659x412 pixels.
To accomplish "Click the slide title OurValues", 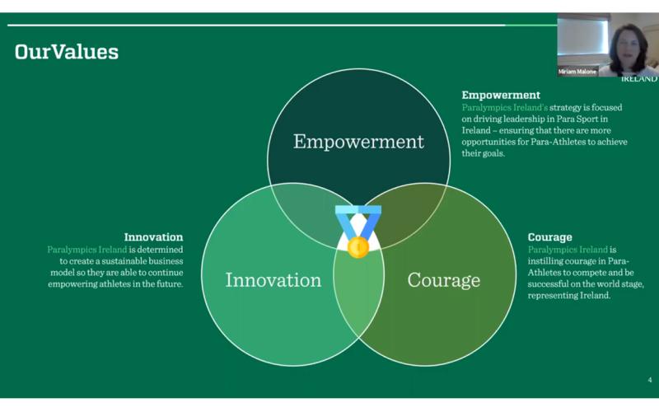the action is click(67, 52).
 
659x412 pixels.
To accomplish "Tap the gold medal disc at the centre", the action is click(358, 246).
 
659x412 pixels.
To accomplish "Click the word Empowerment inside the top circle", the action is click(358, 142).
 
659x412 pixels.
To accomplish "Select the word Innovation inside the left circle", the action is click(273, 280).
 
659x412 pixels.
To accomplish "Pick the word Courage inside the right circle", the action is click(443, 281).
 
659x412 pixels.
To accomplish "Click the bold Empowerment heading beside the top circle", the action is click(501, 95).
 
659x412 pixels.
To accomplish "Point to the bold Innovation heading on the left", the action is click(153, 237).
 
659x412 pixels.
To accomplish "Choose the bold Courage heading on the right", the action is click(549, 237).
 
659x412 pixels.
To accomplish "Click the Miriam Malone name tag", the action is click(577, 72).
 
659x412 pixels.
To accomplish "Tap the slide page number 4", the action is click(650, 380).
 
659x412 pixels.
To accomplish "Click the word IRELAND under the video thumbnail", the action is click(639, 78).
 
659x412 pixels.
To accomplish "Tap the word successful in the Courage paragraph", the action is click(547, 284).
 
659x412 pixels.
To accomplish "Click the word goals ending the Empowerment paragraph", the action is click(495, 153).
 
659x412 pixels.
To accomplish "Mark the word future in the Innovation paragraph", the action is click(170, 284).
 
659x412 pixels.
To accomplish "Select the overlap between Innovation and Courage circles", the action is click(358, 290).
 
